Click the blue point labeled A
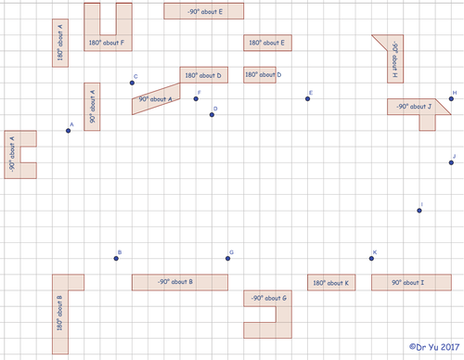click(x=69, y=131)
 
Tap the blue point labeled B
click(x=116, y=258)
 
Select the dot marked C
click(x=132, y=84)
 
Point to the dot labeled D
click(x=212, y=115)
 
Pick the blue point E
click(x=307, y=99)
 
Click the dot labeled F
click(x=196, y=99)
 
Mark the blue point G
click(x=227, y=258)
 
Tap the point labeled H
click(x=450, y=99)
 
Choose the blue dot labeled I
click(x=419, y=211)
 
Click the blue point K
click(x=371, y=258)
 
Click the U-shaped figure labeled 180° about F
click(x=108, y=41)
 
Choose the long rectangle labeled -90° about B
click(x=179, y=282)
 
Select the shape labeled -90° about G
click(x=267, y=299)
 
